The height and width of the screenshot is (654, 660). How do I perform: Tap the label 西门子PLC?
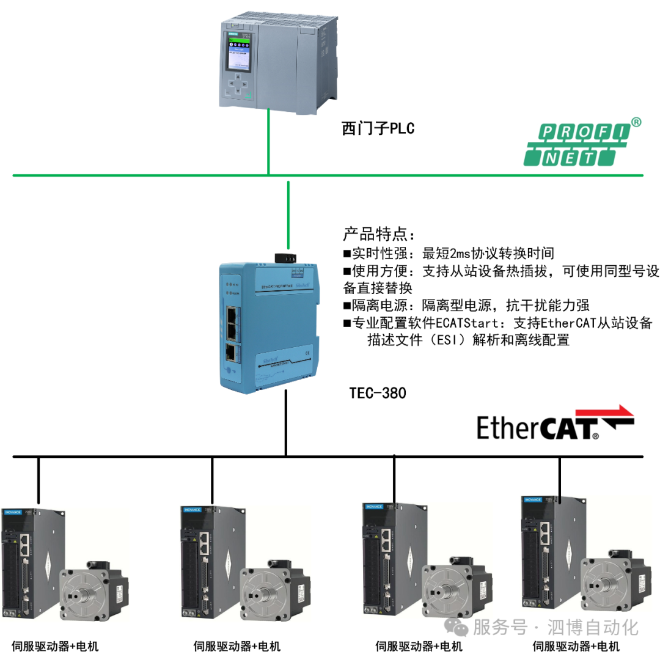click(x=378, y=129)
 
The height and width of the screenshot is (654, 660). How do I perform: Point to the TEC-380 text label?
click(x=377, y=393)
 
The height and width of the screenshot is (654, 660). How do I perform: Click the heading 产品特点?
click(x=379, y=235)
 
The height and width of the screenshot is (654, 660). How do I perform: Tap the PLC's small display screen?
click(x=239, y=53)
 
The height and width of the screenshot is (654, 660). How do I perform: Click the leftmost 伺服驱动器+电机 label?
click(x=55, y=646)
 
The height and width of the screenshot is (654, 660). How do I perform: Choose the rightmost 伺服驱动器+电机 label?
click(x=576, y=646)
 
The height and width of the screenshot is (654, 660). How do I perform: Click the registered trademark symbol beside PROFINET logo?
click(x=636, y=122)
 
